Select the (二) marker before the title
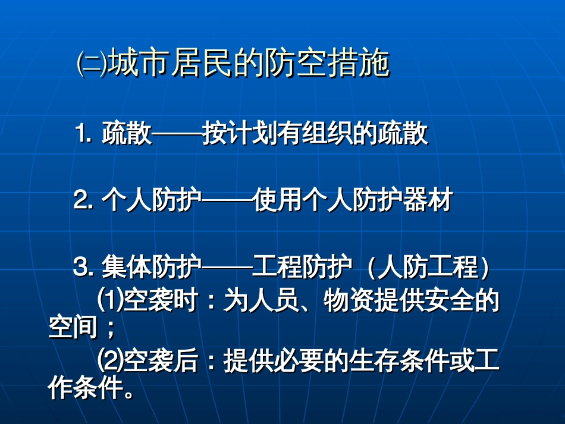coord(92,63)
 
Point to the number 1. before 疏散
coord(83,133)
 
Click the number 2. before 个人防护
coord(83,199)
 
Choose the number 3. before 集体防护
coord(83,266)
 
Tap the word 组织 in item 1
coord(327,133)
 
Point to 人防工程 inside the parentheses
coord(428,266)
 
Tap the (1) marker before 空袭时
coord(111,300)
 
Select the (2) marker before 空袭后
coord(111,360)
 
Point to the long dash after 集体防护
coord(227,267)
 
